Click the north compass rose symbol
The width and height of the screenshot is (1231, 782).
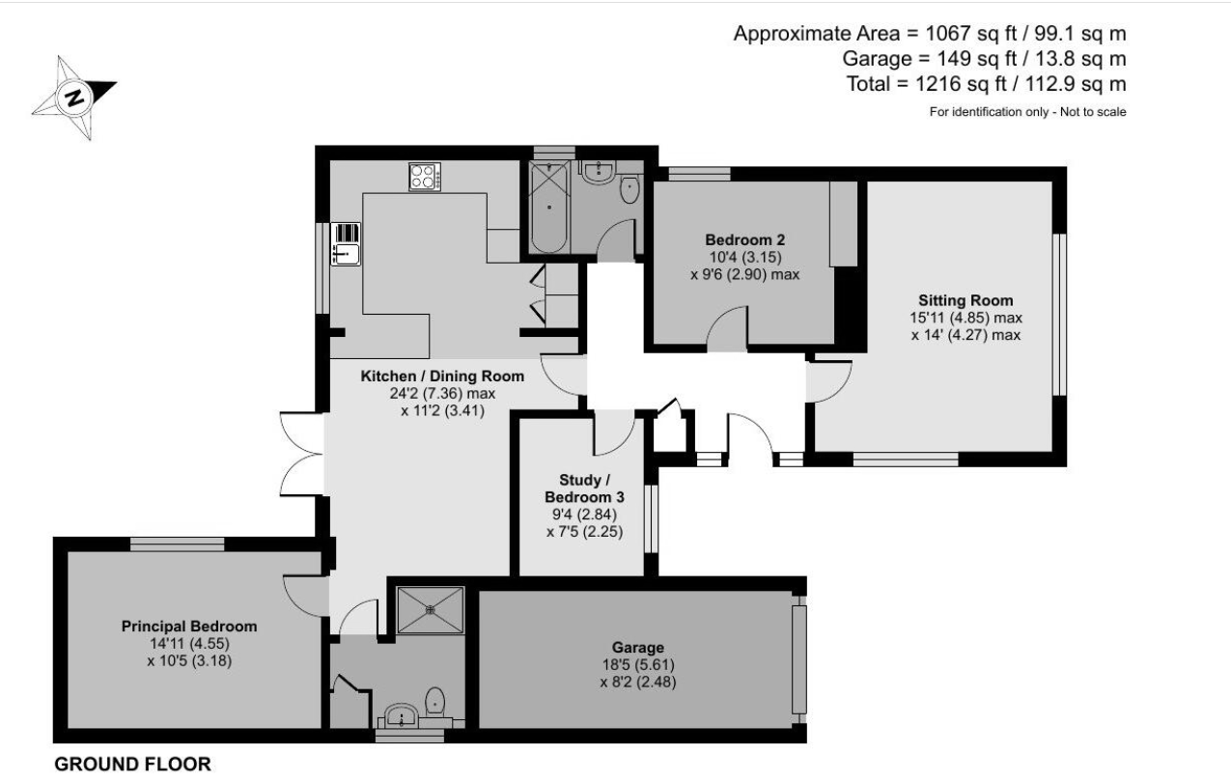pyautogui.click(x=74, y=98)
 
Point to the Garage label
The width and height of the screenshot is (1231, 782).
pyautogui.click(x=637, y=647)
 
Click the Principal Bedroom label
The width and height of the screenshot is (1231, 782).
pyautogui.click(x=189, y=627)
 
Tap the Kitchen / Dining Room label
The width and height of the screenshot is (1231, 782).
pyautogui.click(x=442, y=377)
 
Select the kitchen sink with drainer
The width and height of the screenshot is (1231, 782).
pyautogui.click(x=346, y=244)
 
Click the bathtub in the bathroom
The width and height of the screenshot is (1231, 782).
pyautogui.click(x=549, y=208)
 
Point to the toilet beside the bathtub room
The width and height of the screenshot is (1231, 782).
pyautogui.click(x=629, y=188)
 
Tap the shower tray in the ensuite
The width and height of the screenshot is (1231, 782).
pyautogui.click(x=430, y=610)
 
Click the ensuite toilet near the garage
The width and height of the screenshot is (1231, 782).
pyautogui.click(x=436, y=701)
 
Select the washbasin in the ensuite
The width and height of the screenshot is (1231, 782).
pyautogui.click(x=401, y=715)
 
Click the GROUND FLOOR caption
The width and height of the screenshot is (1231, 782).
pyautogui.click(x=132, y=765)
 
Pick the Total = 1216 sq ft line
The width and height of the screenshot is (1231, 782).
pyautogui.click(x=986, y=84)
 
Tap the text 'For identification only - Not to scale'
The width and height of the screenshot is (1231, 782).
pyautogui.click(x=1027, y=112)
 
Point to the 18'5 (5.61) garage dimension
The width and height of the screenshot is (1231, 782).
pyautogui.click(x=637, y=664)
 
